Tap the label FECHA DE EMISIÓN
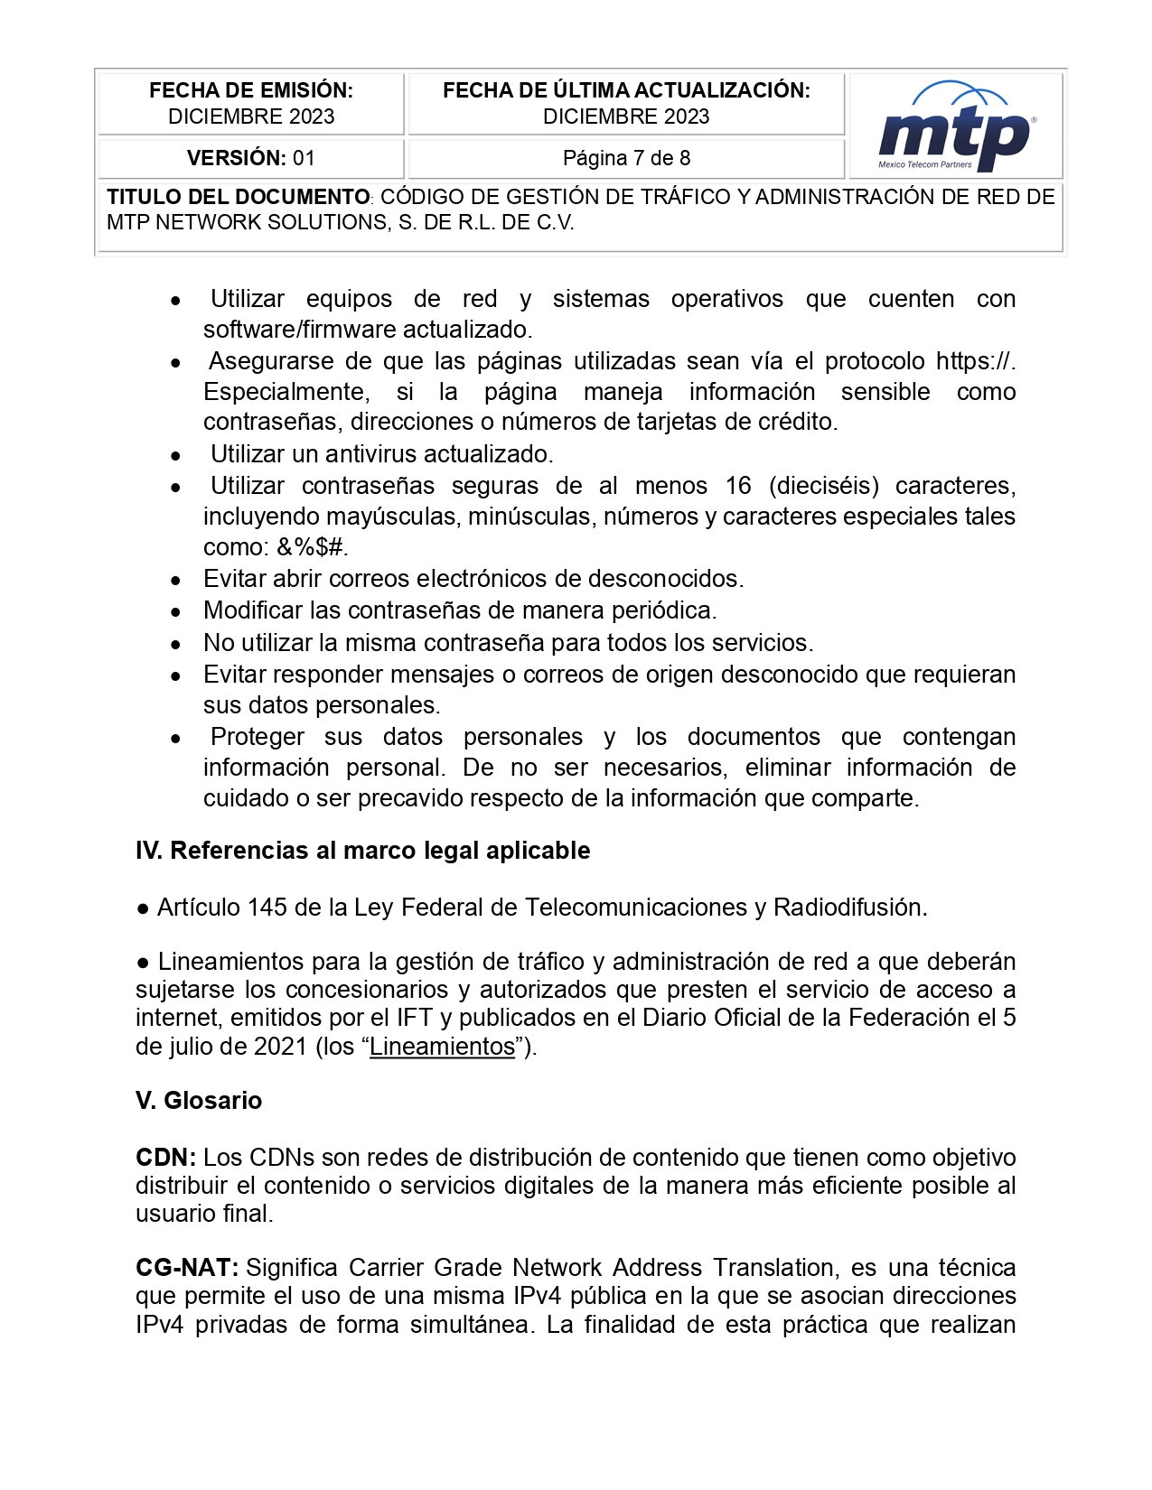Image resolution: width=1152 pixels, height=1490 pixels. click(250, 90)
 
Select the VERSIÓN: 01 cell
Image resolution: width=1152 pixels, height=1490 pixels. click(250, 158)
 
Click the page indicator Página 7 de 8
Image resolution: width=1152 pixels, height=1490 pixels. click(626, 158)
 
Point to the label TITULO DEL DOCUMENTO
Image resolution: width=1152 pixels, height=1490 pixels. click(238, 197)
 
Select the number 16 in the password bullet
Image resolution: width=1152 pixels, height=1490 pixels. click(737, 486)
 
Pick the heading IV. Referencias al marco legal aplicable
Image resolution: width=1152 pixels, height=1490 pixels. click(362, 851)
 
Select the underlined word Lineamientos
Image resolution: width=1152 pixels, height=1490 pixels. click(442, 1047)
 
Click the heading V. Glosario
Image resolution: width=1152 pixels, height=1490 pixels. click(199, 1101)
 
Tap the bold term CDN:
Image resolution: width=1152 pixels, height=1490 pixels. click(165, 1158)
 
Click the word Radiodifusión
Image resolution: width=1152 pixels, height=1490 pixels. click(849, 908)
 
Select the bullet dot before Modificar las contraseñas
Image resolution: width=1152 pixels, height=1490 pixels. click(176, 612)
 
